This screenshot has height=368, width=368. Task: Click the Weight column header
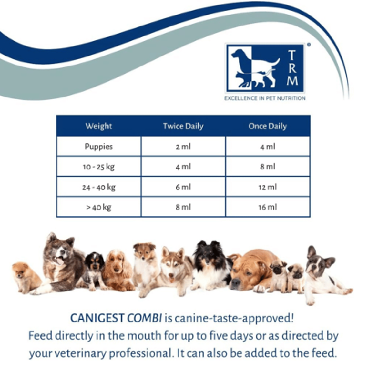[98, 126]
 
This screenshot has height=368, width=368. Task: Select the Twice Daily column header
[183, 126]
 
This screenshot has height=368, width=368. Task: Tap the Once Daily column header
[268, 126]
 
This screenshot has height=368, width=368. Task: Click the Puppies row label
[98, 147]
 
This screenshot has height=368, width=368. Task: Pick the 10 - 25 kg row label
[98, 167]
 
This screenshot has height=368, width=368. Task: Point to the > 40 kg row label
[98, 208]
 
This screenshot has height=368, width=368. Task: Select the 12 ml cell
[268, 187]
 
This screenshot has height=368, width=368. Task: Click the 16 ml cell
[268, 208]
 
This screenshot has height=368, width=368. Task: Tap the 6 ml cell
[183, 187]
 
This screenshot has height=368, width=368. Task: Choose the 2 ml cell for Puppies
[183, 147]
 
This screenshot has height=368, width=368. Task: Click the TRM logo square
[265, 68]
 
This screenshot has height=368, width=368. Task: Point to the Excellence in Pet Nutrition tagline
[265, 98]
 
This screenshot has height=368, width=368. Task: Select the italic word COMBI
[144, 319]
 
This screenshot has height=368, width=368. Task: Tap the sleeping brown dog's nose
[235, 281]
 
